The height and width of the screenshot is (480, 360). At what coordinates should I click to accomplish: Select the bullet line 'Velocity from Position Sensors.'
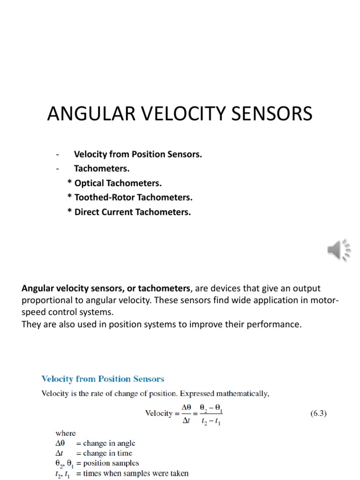click(138, 154)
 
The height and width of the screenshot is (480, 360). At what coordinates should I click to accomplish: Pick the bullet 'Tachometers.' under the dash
click(102, 168)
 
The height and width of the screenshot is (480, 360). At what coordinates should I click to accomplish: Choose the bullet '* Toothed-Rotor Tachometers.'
click(130, 197)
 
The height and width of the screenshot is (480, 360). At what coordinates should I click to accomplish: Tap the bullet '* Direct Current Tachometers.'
click(129, 212)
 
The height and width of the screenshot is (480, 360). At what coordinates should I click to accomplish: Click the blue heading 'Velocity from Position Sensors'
click(103, 379)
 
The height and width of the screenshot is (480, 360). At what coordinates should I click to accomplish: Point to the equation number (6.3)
click(319, 413)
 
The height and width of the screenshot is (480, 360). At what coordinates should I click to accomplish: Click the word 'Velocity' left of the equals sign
click(159, 414)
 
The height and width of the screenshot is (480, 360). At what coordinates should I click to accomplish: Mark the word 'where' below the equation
click(52, 434)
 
